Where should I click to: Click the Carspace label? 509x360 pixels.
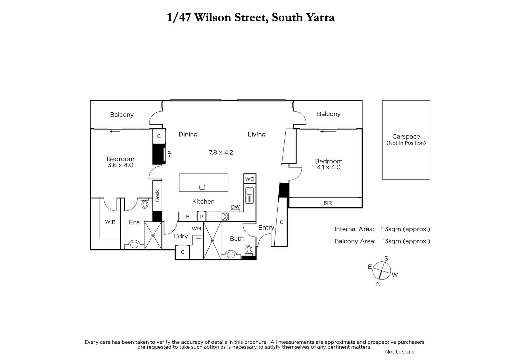tap(406, 137)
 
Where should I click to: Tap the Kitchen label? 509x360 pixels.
tap(203, 201)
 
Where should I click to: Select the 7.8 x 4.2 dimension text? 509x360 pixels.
tap(221, 152)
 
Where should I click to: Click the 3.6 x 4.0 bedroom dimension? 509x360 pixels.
tap(120, 165)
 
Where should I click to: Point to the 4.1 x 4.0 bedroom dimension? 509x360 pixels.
tap(329, 167)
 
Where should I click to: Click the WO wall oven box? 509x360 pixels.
tap(250, 179)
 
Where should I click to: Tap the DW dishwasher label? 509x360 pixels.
tap(235, 207)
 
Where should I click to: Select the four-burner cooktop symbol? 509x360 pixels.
tap(225, 216)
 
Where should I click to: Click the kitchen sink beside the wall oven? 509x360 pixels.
tap(249, 195)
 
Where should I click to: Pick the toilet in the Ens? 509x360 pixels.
tap(145, 204)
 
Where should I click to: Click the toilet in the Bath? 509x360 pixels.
tap(249, 249)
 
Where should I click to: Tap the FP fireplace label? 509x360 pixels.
tap(170, 154)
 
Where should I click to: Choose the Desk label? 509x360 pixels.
tap(157, 196)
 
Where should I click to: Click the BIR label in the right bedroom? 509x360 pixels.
tap(328, 203)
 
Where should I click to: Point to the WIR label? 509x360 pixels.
tap(110, 222)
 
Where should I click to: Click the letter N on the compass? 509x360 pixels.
tap(378, 284)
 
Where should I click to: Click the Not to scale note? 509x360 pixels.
tap(400, 352)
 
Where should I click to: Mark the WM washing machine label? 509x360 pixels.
tap(197, 229)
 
